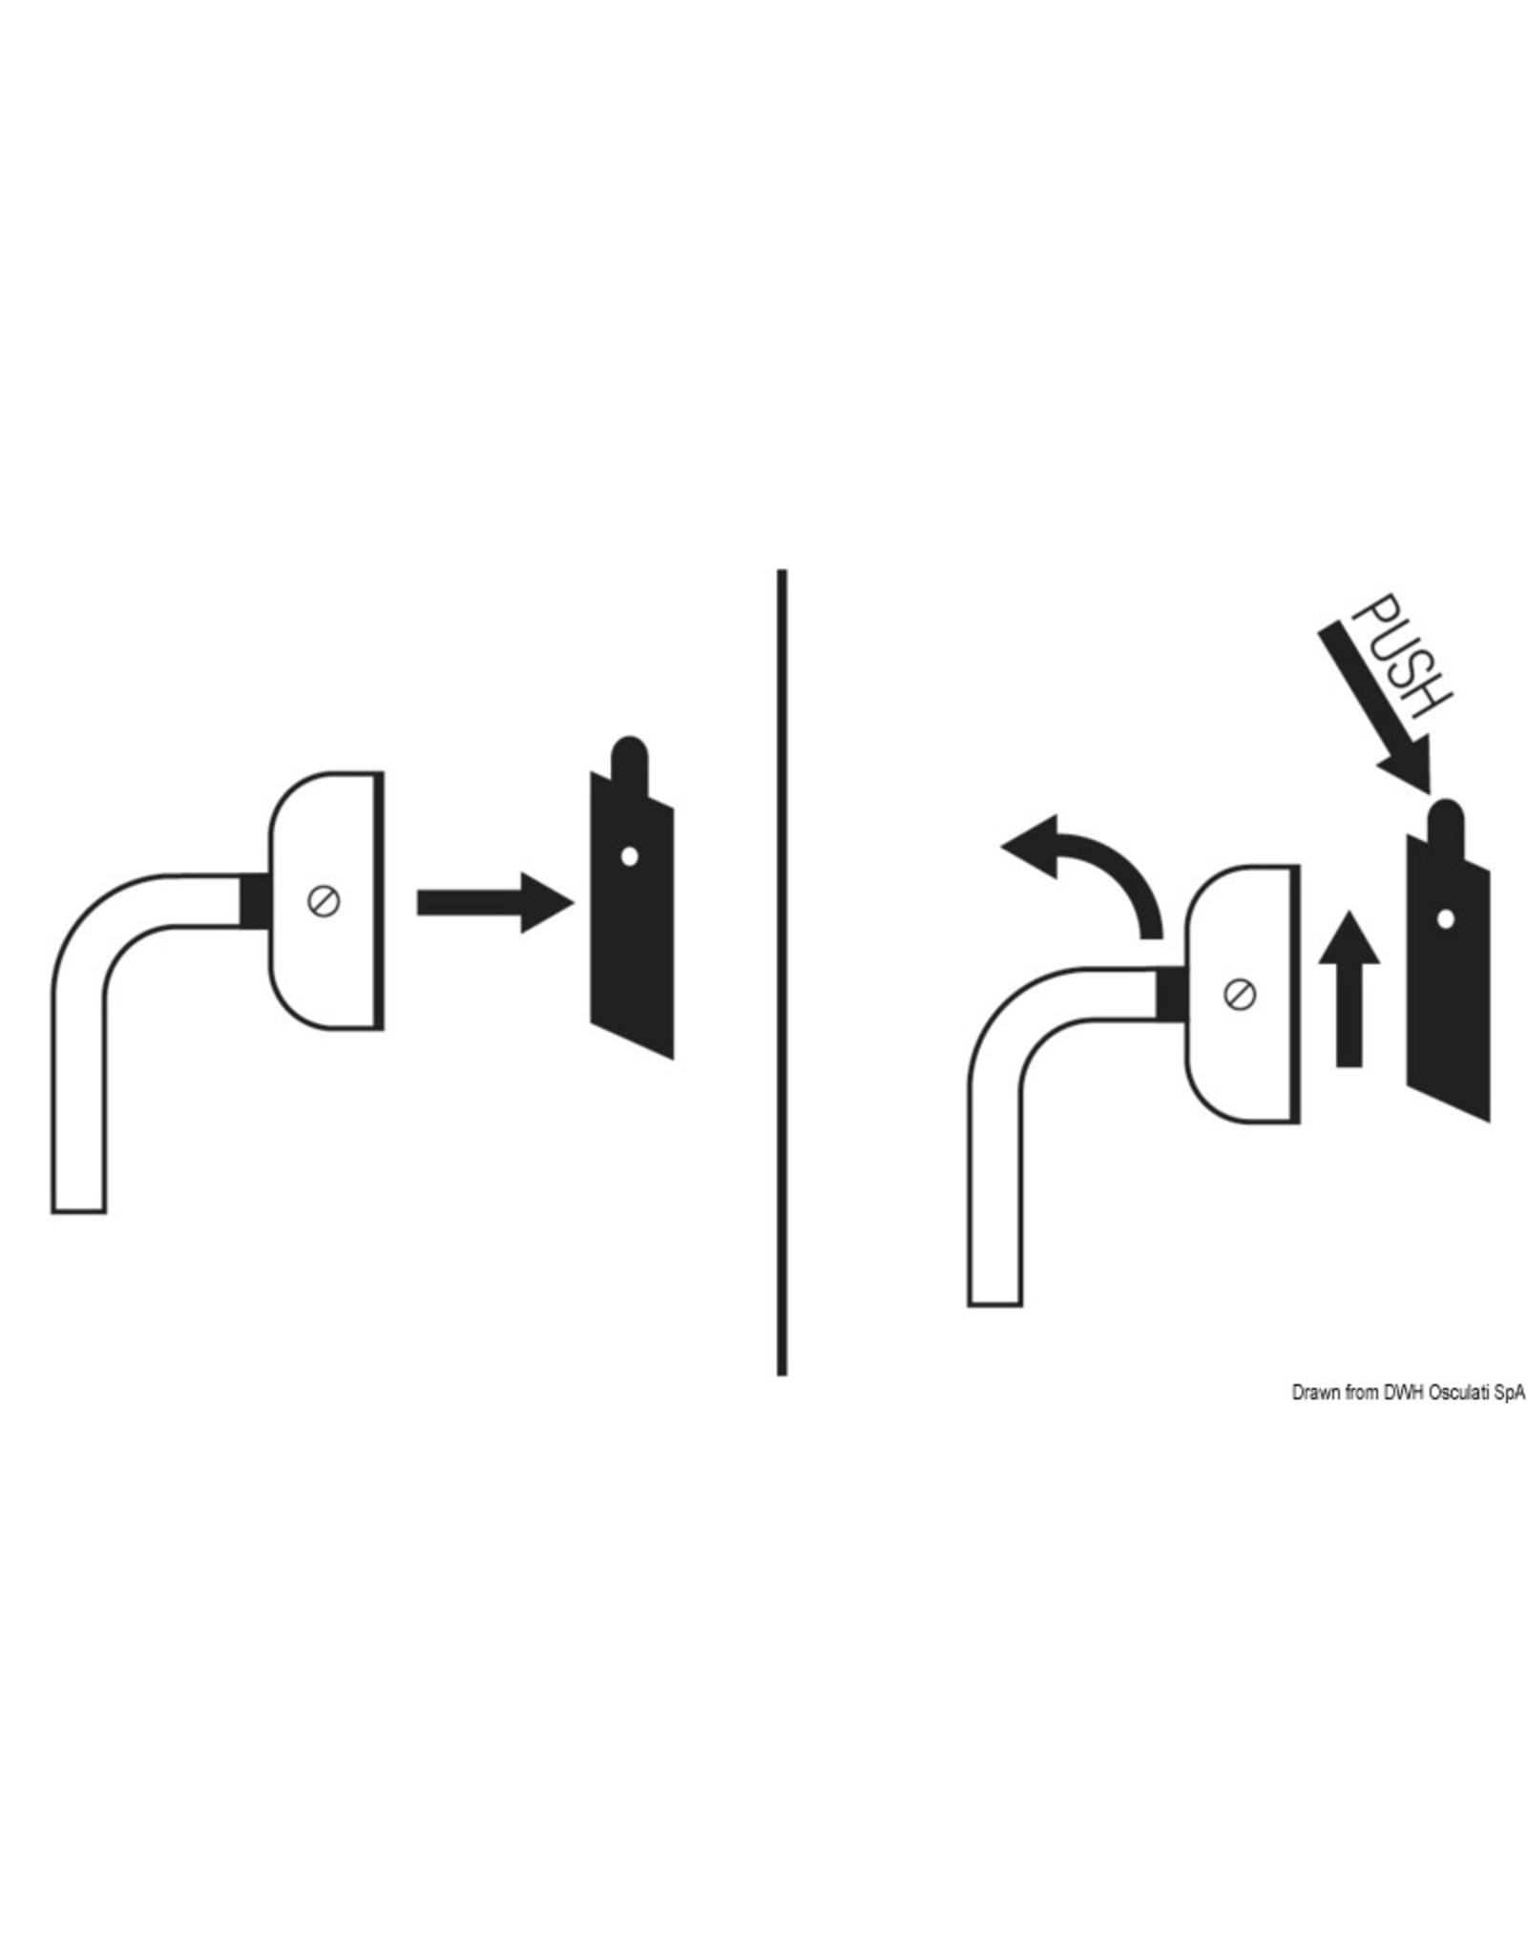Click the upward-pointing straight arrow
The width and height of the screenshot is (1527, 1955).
coord(1348,988)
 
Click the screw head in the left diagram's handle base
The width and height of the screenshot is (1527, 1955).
coord(325,900)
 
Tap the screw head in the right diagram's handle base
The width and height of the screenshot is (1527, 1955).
coord(1239,994)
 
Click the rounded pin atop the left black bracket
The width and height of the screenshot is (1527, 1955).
coord(628,754)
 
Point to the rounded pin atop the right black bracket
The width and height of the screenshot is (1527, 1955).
coord(1445,817)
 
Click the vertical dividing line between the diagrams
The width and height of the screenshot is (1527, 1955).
coord(782,955)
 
